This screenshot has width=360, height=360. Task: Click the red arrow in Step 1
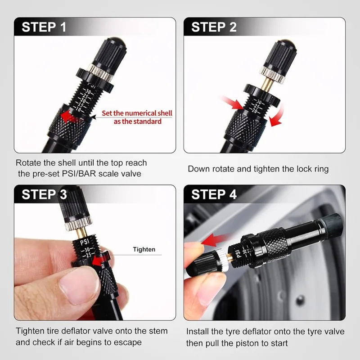click(x=71, y=117)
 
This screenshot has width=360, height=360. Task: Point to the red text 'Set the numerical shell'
click(x=137, y=113)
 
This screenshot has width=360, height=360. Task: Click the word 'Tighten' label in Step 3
click(x=144, y=249)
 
